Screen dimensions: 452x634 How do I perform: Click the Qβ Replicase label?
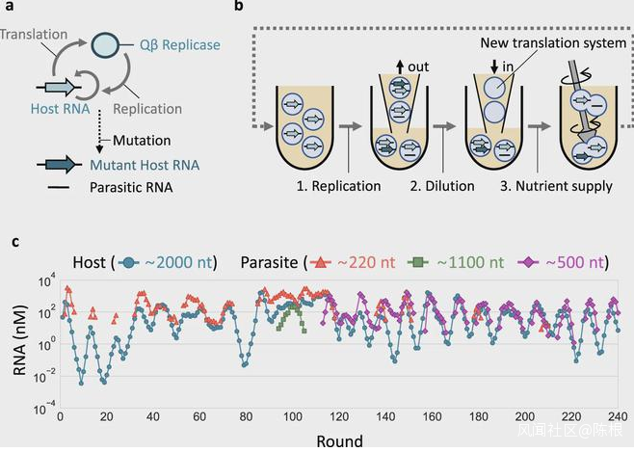click(181, 45)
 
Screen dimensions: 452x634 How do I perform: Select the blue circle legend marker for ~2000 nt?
click(132, 262)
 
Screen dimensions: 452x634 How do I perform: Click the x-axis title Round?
click(338, 440)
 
